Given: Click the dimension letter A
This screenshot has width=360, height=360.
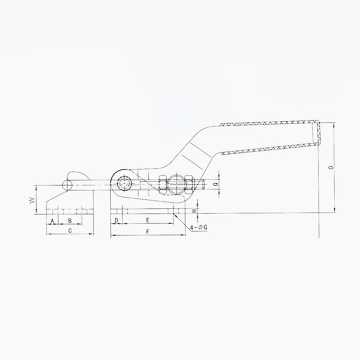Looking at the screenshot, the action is tap(52, 221).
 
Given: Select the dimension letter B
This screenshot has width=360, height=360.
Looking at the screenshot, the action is tap(70, 221).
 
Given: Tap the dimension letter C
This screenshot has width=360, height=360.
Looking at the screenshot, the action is tap(70, 231).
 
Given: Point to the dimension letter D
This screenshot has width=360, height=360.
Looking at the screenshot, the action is tap(116, 221).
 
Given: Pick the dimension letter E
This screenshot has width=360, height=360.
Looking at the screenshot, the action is tap(148, 220).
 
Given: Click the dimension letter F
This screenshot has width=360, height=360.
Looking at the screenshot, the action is tap(148, 232).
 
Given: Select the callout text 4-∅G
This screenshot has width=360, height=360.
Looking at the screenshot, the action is tap(199, 227).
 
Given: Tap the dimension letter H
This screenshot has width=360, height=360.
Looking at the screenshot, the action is tap(194, 211).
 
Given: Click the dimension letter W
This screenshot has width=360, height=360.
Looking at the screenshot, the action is tap(32, 200).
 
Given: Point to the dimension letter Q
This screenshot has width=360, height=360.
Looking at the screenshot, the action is tap(215, 184).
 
